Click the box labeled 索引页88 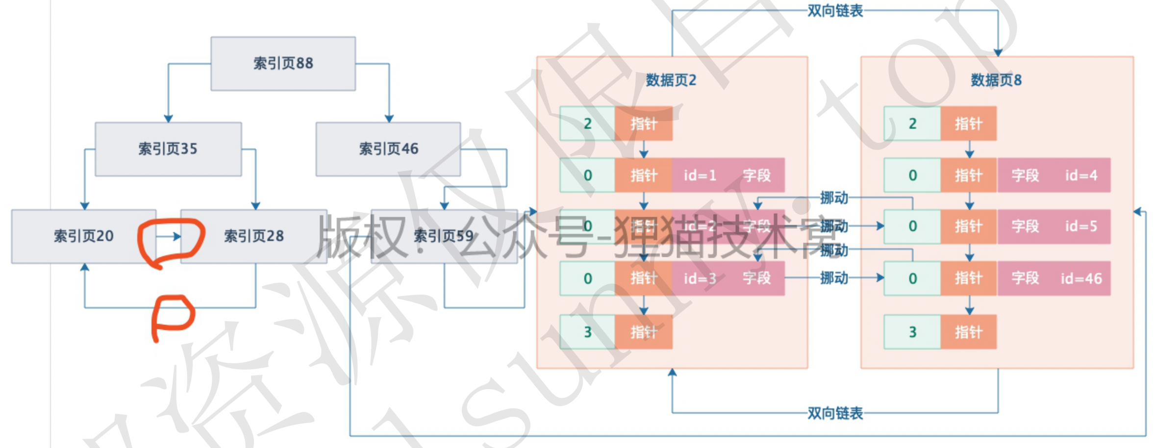[x=283, y=64]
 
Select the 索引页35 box [x=168, y=149]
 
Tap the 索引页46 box [x=388, y=149]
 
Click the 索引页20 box [x=83, y=236]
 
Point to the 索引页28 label [x=254, y=236]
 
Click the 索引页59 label [x=444, y=236]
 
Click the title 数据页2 [x=671, y=80]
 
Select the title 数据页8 [x=996, y=80]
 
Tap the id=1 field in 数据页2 [x=700, y=175]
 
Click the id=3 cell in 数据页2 [x=700, y=278]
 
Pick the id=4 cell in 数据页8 [x=1081, y=175]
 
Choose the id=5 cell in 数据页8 [x=1081, y=226]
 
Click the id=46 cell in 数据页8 [x=1081, y=278]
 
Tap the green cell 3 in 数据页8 [x=912, y=332]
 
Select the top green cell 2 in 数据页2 [x=587, y=124]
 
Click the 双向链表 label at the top [x=835, y=11]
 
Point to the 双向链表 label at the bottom [x=835, y=413]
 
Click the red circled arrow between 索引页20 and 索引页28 [x=170, y=237]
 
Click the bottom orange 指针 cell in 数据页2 [x=644, y=332]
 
